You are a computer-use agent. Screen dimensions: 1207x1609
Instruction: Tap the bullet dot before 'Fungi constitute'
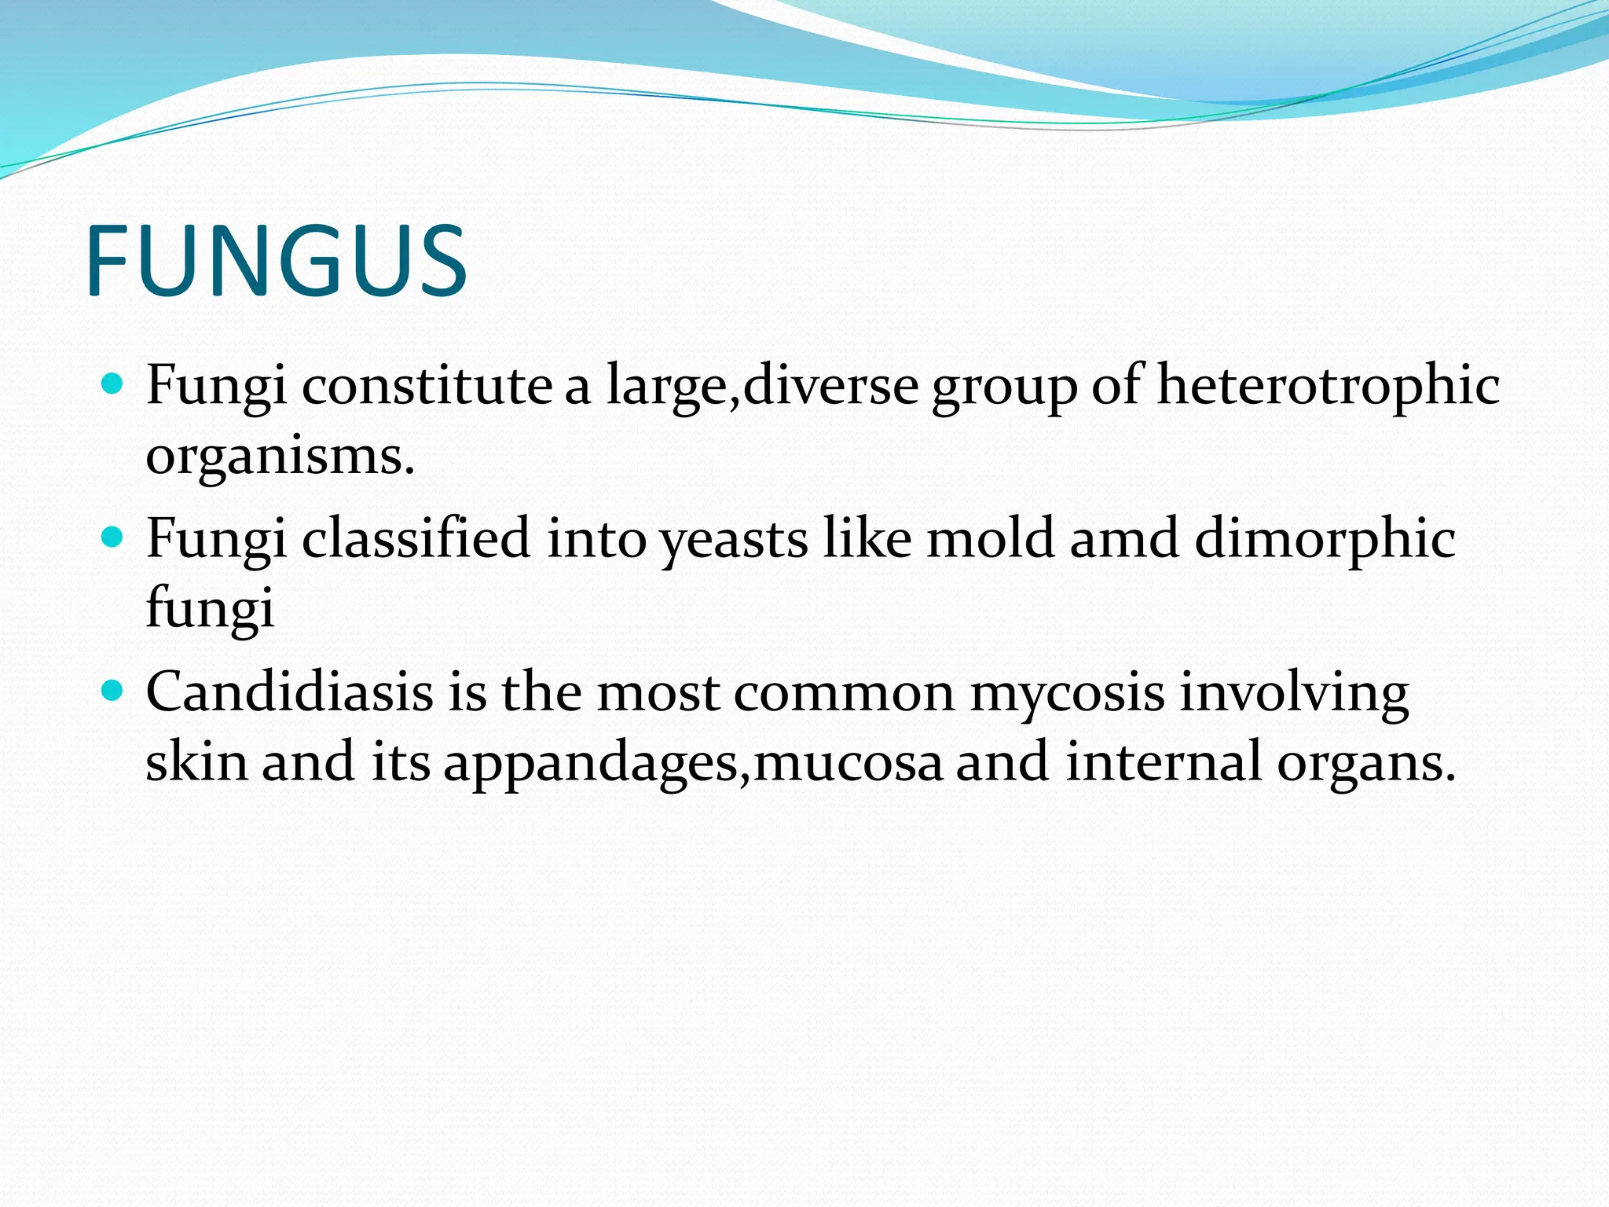coord(113,385)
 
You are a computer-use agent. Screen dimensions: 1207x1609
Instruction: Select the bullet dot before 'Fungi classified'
coord(113,538)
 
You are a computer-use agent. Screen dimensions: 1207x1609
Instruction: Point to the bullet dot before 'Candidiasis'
coord(113,692)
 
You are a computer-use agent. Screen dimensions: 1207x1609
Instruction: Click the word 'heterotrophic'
coord(1328,385)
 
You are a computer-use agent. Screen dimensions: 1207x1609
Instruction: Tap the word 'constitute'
coord(427,385)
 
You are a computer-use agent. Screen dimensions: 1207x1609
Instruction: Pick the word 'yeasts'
coord(733,540)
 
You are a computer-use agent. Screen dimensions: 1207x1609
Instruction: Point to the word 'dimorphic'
coord(1325,540)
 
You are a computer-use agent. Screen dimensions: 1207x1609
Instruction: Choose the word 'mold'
coord(990,538)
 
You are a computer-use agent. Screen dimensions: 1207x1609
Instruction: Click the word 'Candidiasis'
coord(289,692)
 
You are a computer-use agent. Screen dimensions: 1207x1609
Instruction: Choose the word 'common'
coord(844,693)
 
